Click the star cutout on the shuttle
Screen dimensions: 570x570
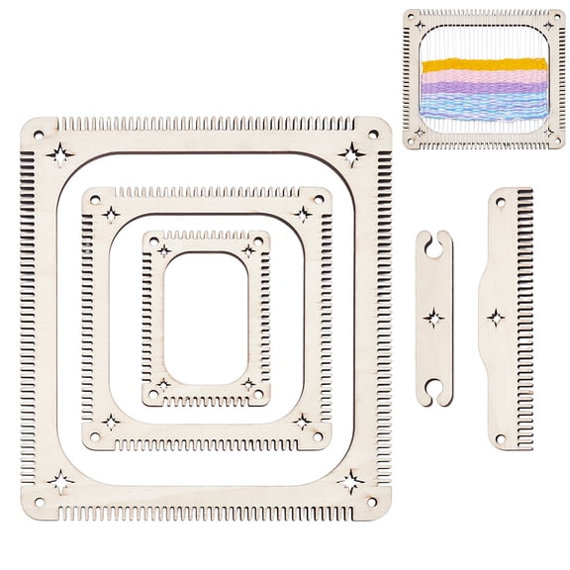tap(433, 319)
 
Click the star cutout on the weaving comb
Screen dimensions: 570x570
tap(495, 318)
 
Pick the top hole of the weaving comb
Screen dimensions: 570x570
tap(500, 201)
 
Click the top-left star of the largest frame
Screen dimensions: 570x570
tap(59, 154)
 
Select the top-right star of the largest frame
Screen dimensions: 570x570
tap(351, 153)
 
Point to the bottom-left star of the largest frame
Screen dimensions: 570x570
tap(59, 482)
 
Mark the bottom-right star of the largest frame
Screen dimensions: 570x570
tap(350, 482)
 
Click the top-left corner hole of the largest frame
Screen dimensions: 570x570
tap(39, 134)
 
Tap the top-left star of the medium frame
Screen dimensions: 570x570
tap(111, 214)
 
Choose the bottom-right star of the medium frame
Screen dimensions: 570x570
tap(302, 422)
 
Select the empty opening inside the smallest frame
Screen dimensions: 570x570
tap(206, 317)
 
